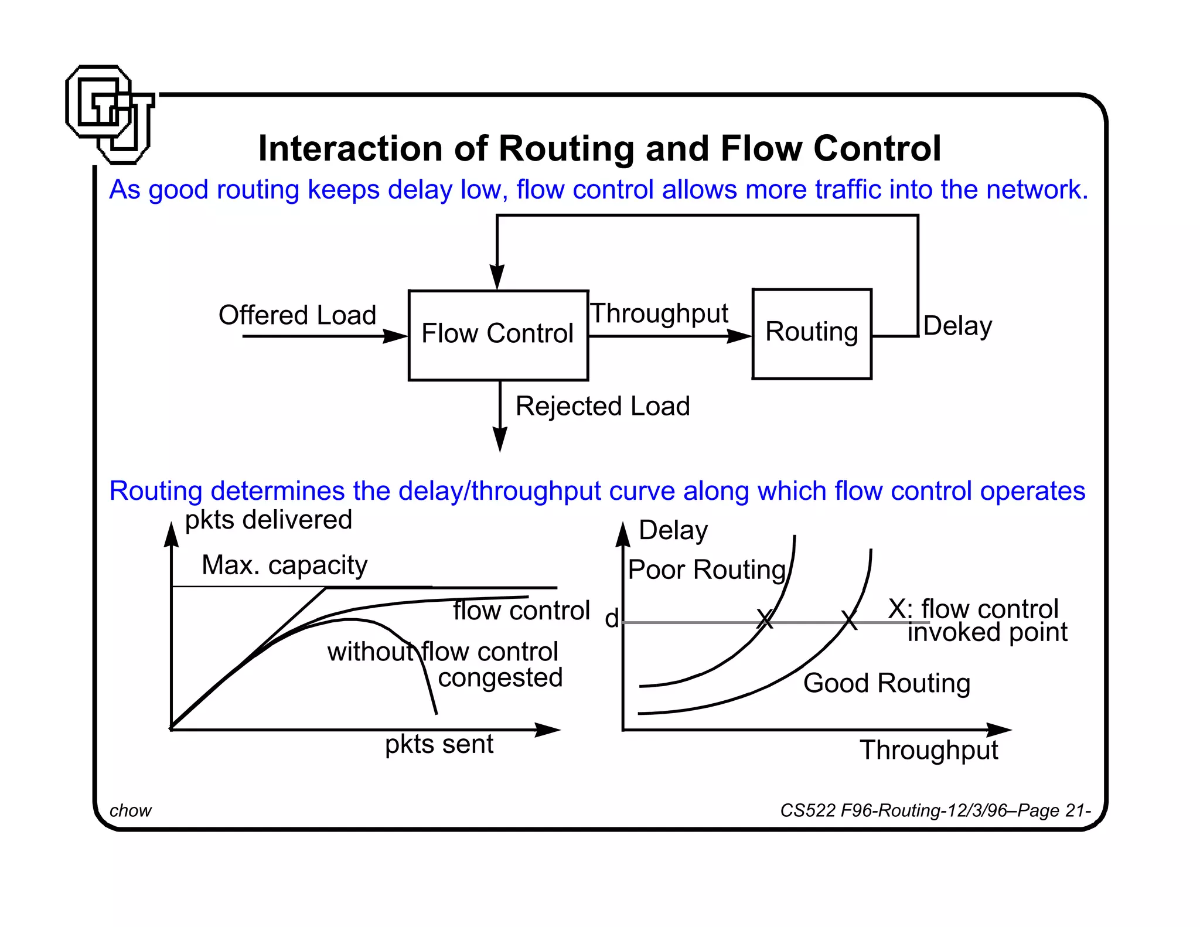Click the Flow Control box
tap(498, 335)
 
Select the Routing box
tap(812, 333)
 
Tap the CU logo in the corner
tap(110, 114)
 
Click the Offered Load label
tap(297, 315)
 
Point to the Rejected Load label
tap(602, 406)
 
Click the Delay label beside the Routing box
tap(957, 326)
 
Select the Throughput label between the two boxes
tap(659, 313)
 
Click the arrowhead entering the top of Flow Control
tap(497, 277)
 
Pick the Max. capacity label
tap(284, 565)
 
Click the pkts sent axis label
tap(439, 744)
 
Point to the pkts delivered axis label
tap(268, 520)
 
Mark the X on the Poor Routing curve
tap(765, 619)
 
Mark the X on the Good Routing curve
tap(849, 619)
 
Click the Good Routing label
tap(887, 683)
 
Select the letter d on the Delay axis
tap(612, 618)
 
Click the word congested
tap(500, 678)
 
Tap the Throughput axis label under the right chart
tap(929, 750)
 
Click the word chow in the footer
tap(130, 810)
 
